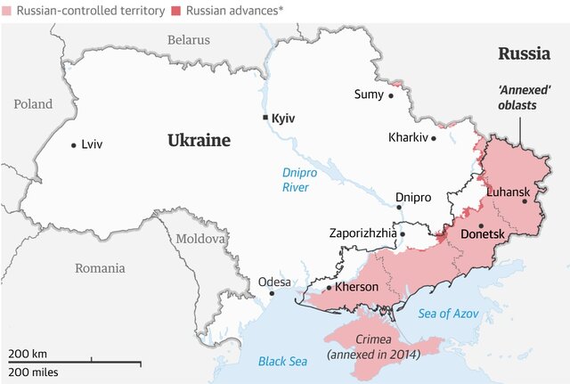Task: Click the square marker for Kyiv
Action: pos(265,118)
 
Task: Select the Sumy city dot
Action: pos(390,94)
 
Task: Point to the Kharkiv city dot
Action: pos(435,138)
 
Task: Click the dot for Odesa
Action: pos(273,293)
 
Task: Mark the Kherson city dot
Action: pos(329,288)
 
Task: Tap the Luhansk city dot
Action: pos(525,201)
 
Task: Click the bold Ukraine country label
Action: pos(199,141)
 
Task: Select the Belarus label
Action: pos(189,40)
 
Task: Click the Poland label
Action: pos(33,104)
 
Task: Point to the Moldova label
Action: pos(201,239)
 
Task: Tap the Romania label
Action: pos(100,267)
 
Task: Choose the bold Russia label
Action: pos(523,53)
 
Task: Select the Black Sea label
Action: pos(282,361)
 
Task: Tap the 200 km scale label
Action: pos(28,354)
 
